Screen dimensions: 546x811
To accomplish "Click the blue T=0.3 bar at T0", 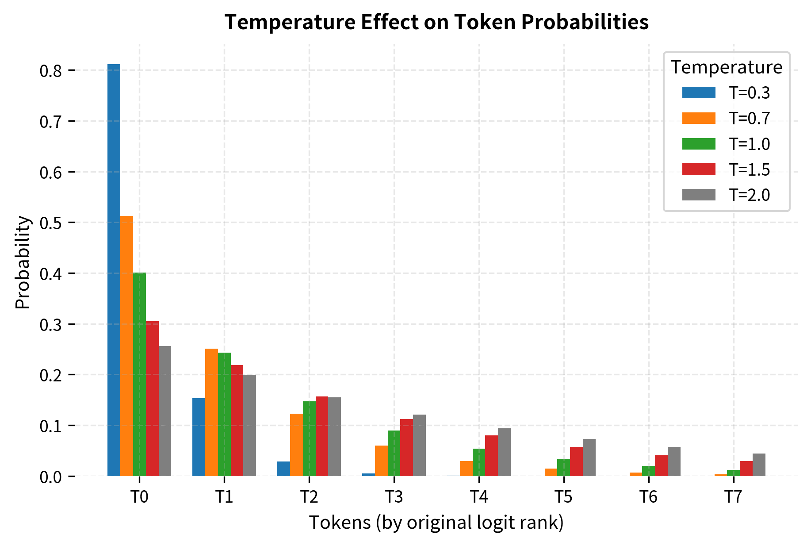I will [114, 270].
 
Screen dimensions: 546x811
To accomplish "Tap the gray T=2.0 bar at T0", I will [165, 411].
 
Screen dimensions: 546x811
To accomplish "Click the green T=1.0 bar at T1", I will [224, 414].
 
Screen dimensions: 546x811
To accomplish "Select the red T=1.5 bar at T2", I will [322, 436].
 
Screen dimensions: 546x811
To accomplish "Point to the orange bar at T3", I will [381, 461].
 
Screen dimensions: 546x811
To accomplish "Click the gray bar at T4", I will [504, 452].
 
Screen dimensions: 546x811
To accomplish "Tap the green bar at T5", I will [563, 468].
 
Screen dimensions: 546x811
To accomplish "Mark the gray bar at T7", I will [759, 465].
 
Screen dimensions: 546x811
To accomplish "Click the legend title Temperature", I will [727, 67].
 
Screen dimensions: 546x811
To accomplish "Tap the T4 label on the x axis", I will [479, 497].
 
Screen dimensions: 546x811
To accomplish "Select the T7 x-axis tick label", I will [733, 497].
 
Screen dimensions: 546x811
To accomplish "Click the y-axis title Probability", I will [23, 262].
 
